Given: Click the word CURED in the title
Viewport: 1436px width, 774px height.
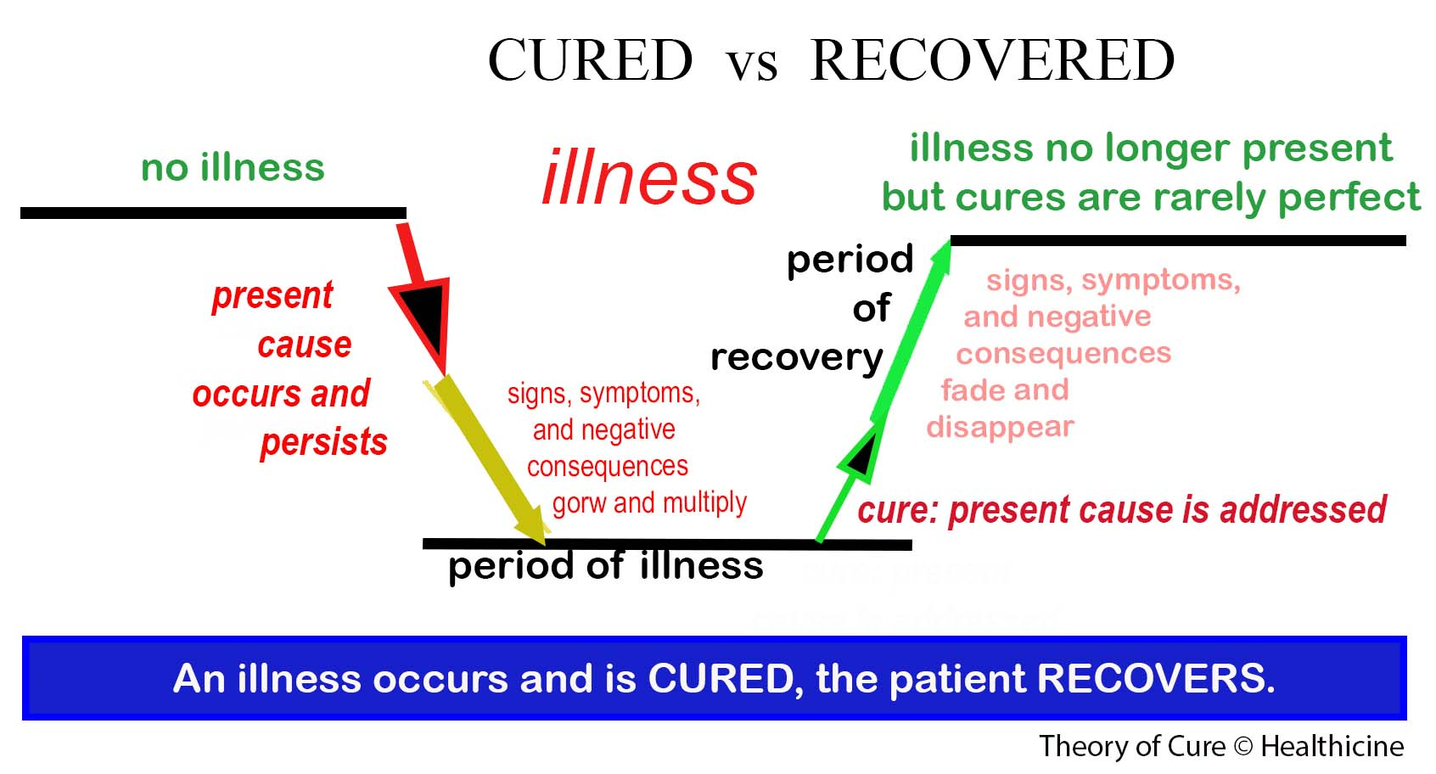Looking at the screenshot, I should [590, 60].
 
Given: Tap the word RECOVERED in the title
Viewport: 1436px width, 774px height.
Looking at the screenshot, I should [992, 60].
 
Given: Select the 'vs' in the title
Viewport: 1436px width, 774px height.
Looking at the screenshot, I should [751, 64].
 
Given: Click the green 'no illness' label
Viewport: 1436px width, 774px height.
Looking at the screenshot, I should [233, 167].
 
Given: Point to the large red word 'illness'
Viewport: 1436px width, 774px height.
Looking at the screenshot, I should [649, 177].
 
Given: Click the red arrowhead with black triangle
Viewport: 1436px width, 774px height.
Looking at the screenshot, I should [424, 314].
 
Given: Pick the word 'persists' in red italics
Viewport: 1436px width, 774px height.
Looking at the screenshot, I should [323, 442].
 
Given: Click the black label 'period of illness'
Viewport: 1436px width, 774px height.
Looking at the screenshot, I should [605, 565].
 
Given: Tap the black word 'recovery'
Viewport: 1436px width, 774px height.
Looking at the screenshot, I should [796, 357].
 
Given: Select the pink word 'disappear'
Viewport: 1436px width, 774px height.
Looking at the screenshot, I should [1000, 426].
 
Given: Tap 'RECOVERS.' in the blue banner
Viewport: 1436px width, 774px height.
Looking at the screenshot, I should [1156, 678].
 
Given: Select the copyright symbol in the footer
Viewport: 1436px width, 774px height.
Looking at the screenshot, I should [1242, 747].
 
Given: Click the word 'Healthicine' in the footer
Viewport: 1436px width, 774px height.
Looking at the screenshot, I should [1332, 746].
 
